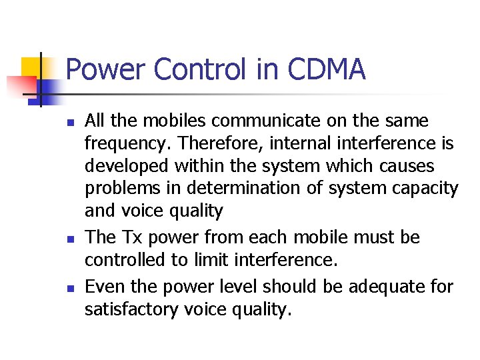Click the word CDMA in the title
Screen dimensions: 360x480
click(x=327, y=69)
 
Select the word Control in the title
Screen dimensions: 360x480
click(x=200, y=69)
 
